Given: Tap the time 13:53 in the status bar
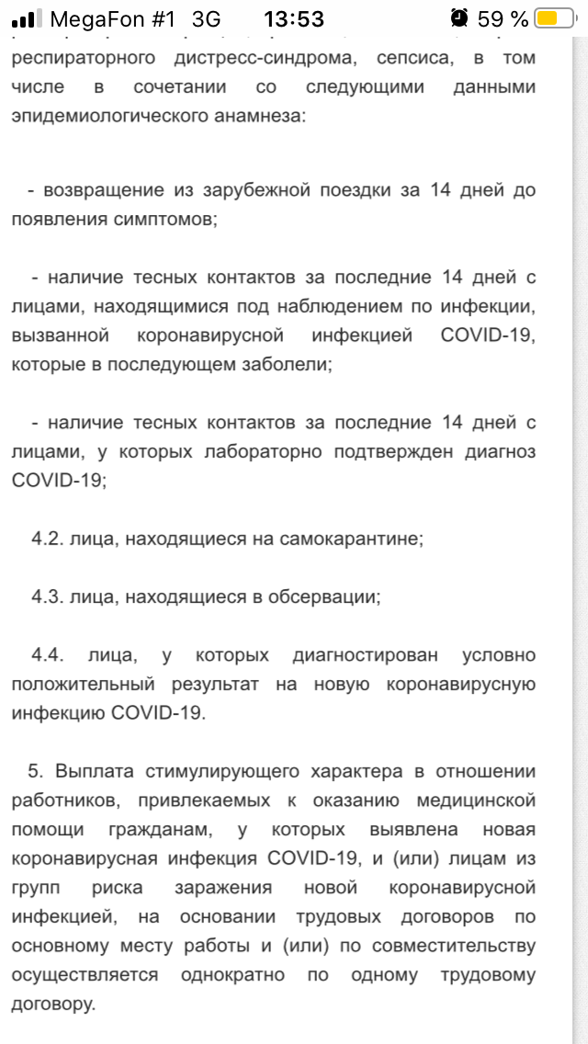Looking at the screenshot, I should [293, 18].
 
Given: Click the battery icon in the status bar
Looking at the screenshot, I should [559, 18].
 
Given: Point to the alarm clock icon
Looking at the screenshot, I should [459, 18].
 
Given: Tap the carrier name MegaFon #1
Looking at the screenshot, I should [112, 18].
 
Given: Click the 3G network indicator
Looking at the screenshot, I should [207, 18].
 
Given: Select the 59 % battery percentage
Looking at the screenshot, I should [503, 18].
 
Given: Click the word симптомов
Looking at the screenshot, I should [163, 221].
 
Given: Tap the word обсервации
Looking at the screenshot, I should [316, 596].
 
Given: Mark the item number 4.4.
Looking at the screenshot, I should [47, 655].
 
